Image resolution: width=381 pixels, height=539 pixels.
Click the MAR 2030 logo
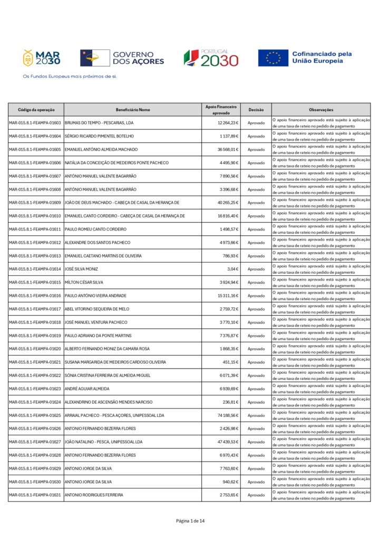41,58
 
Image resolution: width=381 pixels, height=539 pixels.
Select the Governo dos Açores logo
122,58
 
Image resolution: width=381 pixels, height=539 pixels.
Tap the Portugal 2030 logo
211,58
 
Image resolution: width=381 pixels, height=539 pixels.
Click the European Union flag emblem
273,58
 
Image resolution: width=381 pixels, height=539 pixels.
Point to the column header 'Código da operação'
36,109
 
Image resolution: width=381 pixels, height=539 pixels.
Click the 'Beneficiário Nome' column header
133,109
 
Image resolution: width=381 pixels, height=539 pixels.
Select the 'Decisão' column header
256,109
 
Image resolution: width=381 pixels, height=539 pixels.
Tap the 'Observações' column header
321,109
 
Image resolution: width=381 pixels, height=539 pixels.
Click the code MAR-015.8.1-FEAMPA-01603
35,123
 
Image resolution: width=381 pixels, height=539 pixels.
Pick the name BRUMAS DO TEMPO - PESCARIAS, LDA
99,123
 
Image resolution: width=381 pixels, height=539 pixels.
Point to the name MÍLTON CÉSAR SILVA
84,283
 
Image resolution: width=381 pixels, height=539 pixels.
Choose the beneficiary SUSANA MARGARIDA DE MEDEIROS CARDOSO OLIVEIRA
115,362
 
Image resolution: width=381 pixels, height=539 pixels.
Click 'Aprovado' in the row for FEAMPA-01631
256,495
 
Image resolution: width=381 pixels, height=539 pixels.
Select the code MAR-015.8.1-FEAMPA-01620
35,349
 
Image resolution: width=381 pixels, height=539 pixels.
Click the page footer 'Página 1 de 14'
190,521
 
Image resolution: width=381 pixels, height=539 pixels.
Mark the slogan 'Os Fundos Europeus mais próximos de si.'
70,76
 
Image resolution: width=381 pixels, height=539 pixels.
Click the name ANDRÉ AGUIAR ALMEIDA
87,389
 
